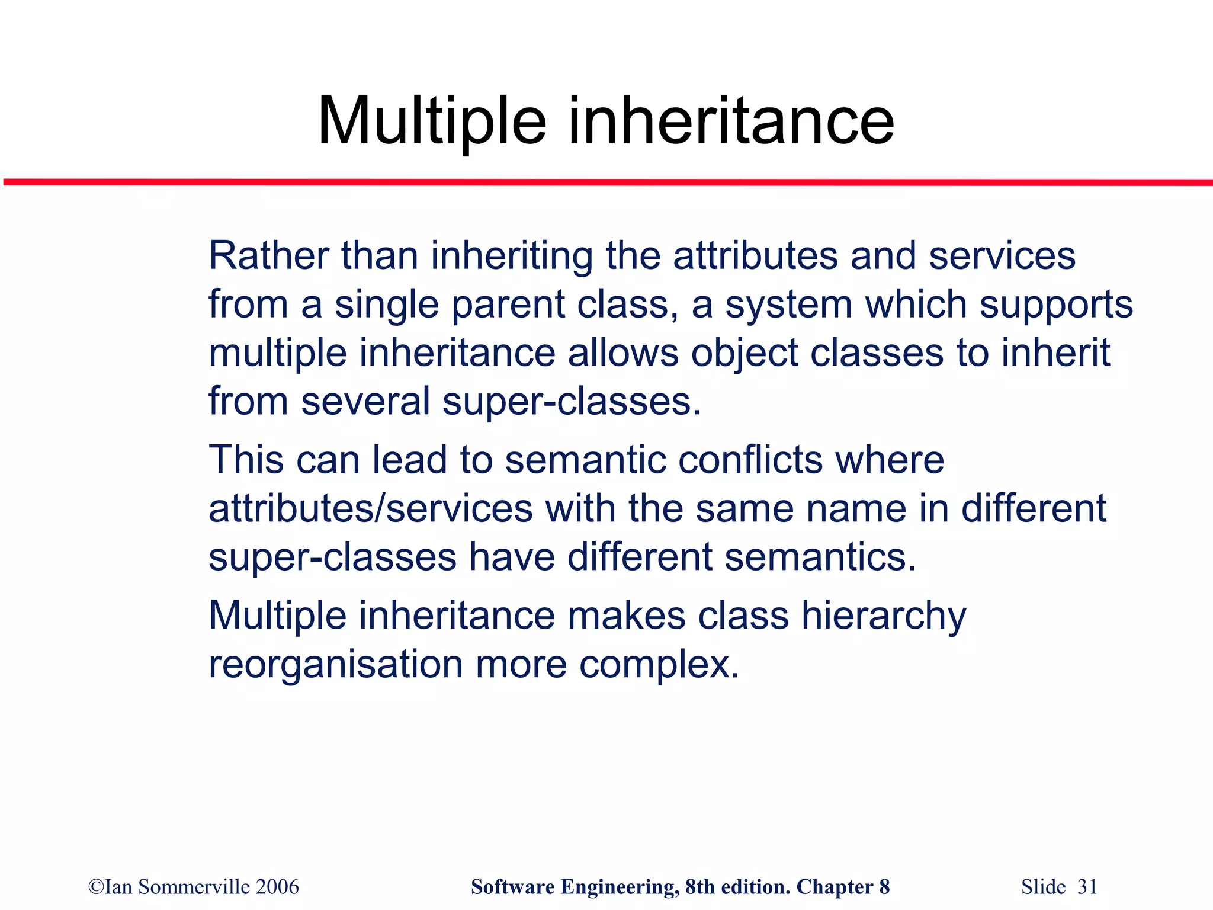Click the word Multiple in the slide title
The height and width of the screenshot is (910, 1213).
click(432, 121)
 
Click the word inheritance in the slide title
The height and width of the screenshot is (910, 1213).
click(731, 121)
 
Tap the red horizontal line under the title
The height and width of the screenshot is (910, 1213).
click(606, 182)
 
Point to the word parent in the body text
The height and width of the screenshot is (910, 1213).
click(508, 306)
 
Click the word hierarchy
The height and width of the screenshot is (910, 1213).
click(883, 617)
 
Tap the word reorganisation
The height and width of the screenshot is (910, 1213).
click(336, 665)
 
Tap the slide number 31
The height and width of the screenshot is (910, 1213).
click(1087, 887)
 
